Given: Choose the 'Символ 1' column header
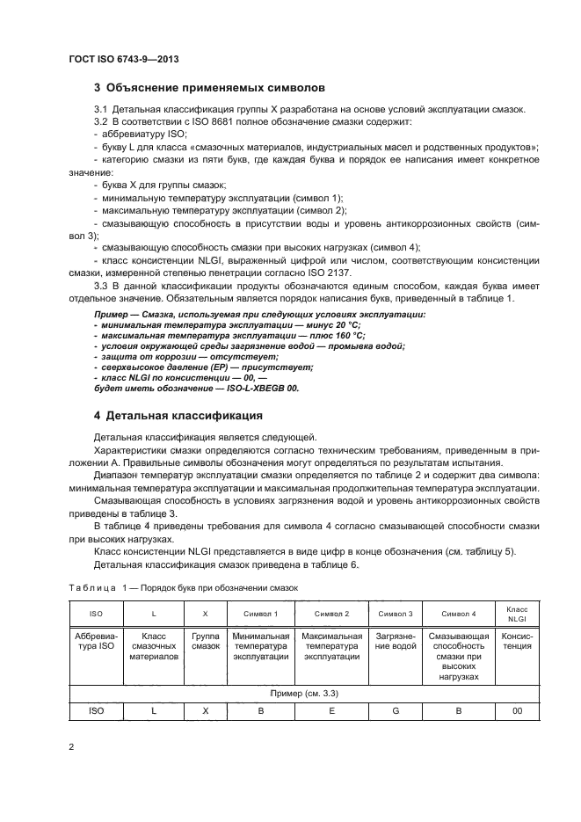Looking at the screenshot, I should pyautogui.click(x=259, y=613).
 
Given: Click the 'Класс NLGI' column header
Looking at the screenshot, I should pyautogui.click(x=516, y=613).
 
